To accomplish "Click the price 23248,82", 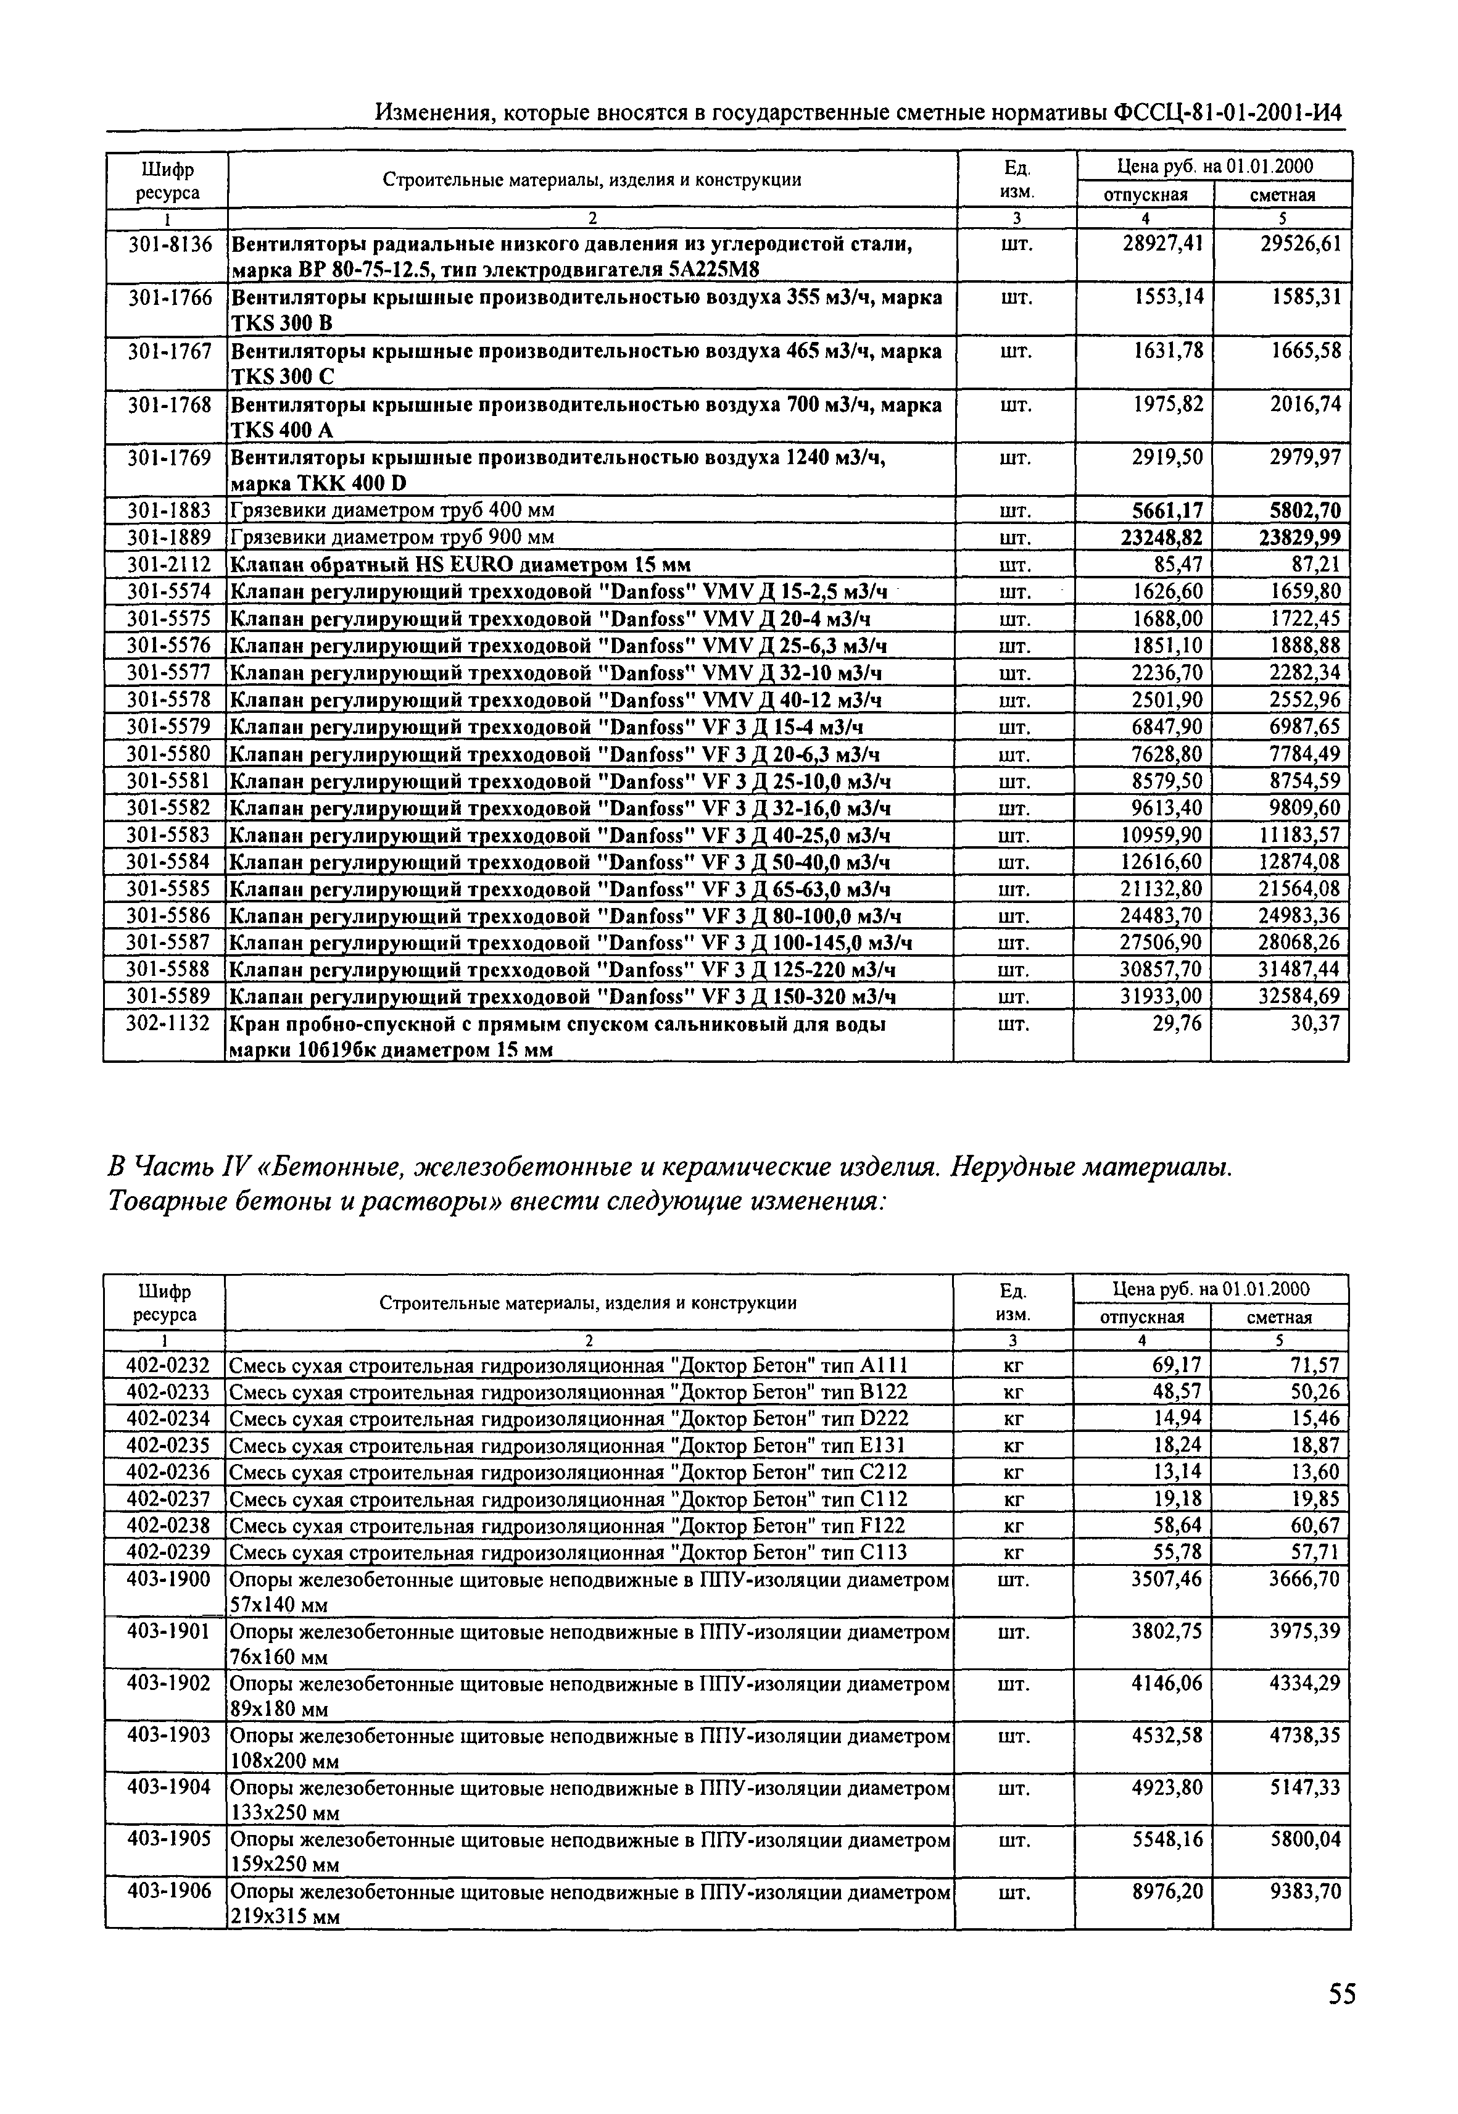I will [1161, 537].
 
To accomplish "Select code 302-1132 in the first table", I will [168, 1024].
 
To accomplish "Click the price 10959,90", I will [1161, 835].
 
